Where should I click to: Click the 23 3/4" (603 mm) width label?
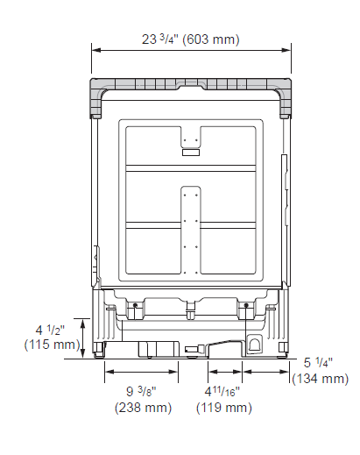click(x=191, y=39)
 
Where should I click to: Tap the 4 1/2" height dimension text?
click(x=52, y=330)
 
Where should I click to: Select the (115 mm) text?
click(x=52, y=345)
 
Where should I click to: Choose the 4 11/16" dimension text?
click(x=222, y=392)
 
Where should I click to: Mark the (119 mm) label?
click(x=222, y=407)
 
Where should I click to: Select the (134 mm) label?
click(x=321, y=378)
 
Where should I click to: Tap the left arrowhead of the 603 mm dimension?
click(x=95, y=51)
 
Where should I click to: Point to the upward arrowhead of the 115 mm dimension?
click(x=82, y=322)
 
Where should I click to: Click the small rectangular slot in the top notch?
click(x=191, y=153)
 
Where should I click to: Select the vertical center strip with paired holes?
click(x=191, y=228)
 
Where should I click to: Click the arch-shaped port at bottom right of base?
click(x=255, y=344)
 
